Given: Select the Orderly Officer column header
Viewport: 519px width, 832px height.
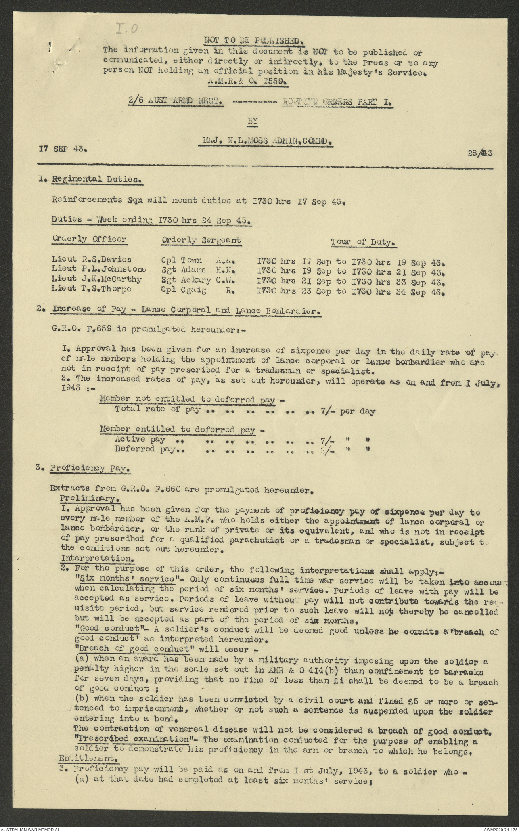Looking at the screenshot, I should click(89, 239).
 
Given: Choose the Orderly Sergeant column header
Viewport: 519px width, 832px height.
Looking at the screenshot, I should click(201, 240).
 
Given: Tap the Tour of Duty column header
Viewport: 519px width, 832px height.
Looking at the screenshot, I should click(362, 242).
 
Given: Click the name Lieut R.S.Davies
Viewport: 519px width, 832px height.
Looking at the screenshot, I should click(91, 259).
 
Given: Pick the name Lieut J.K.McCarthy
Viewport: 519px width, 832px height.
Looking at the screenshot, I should click(97, 279).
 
